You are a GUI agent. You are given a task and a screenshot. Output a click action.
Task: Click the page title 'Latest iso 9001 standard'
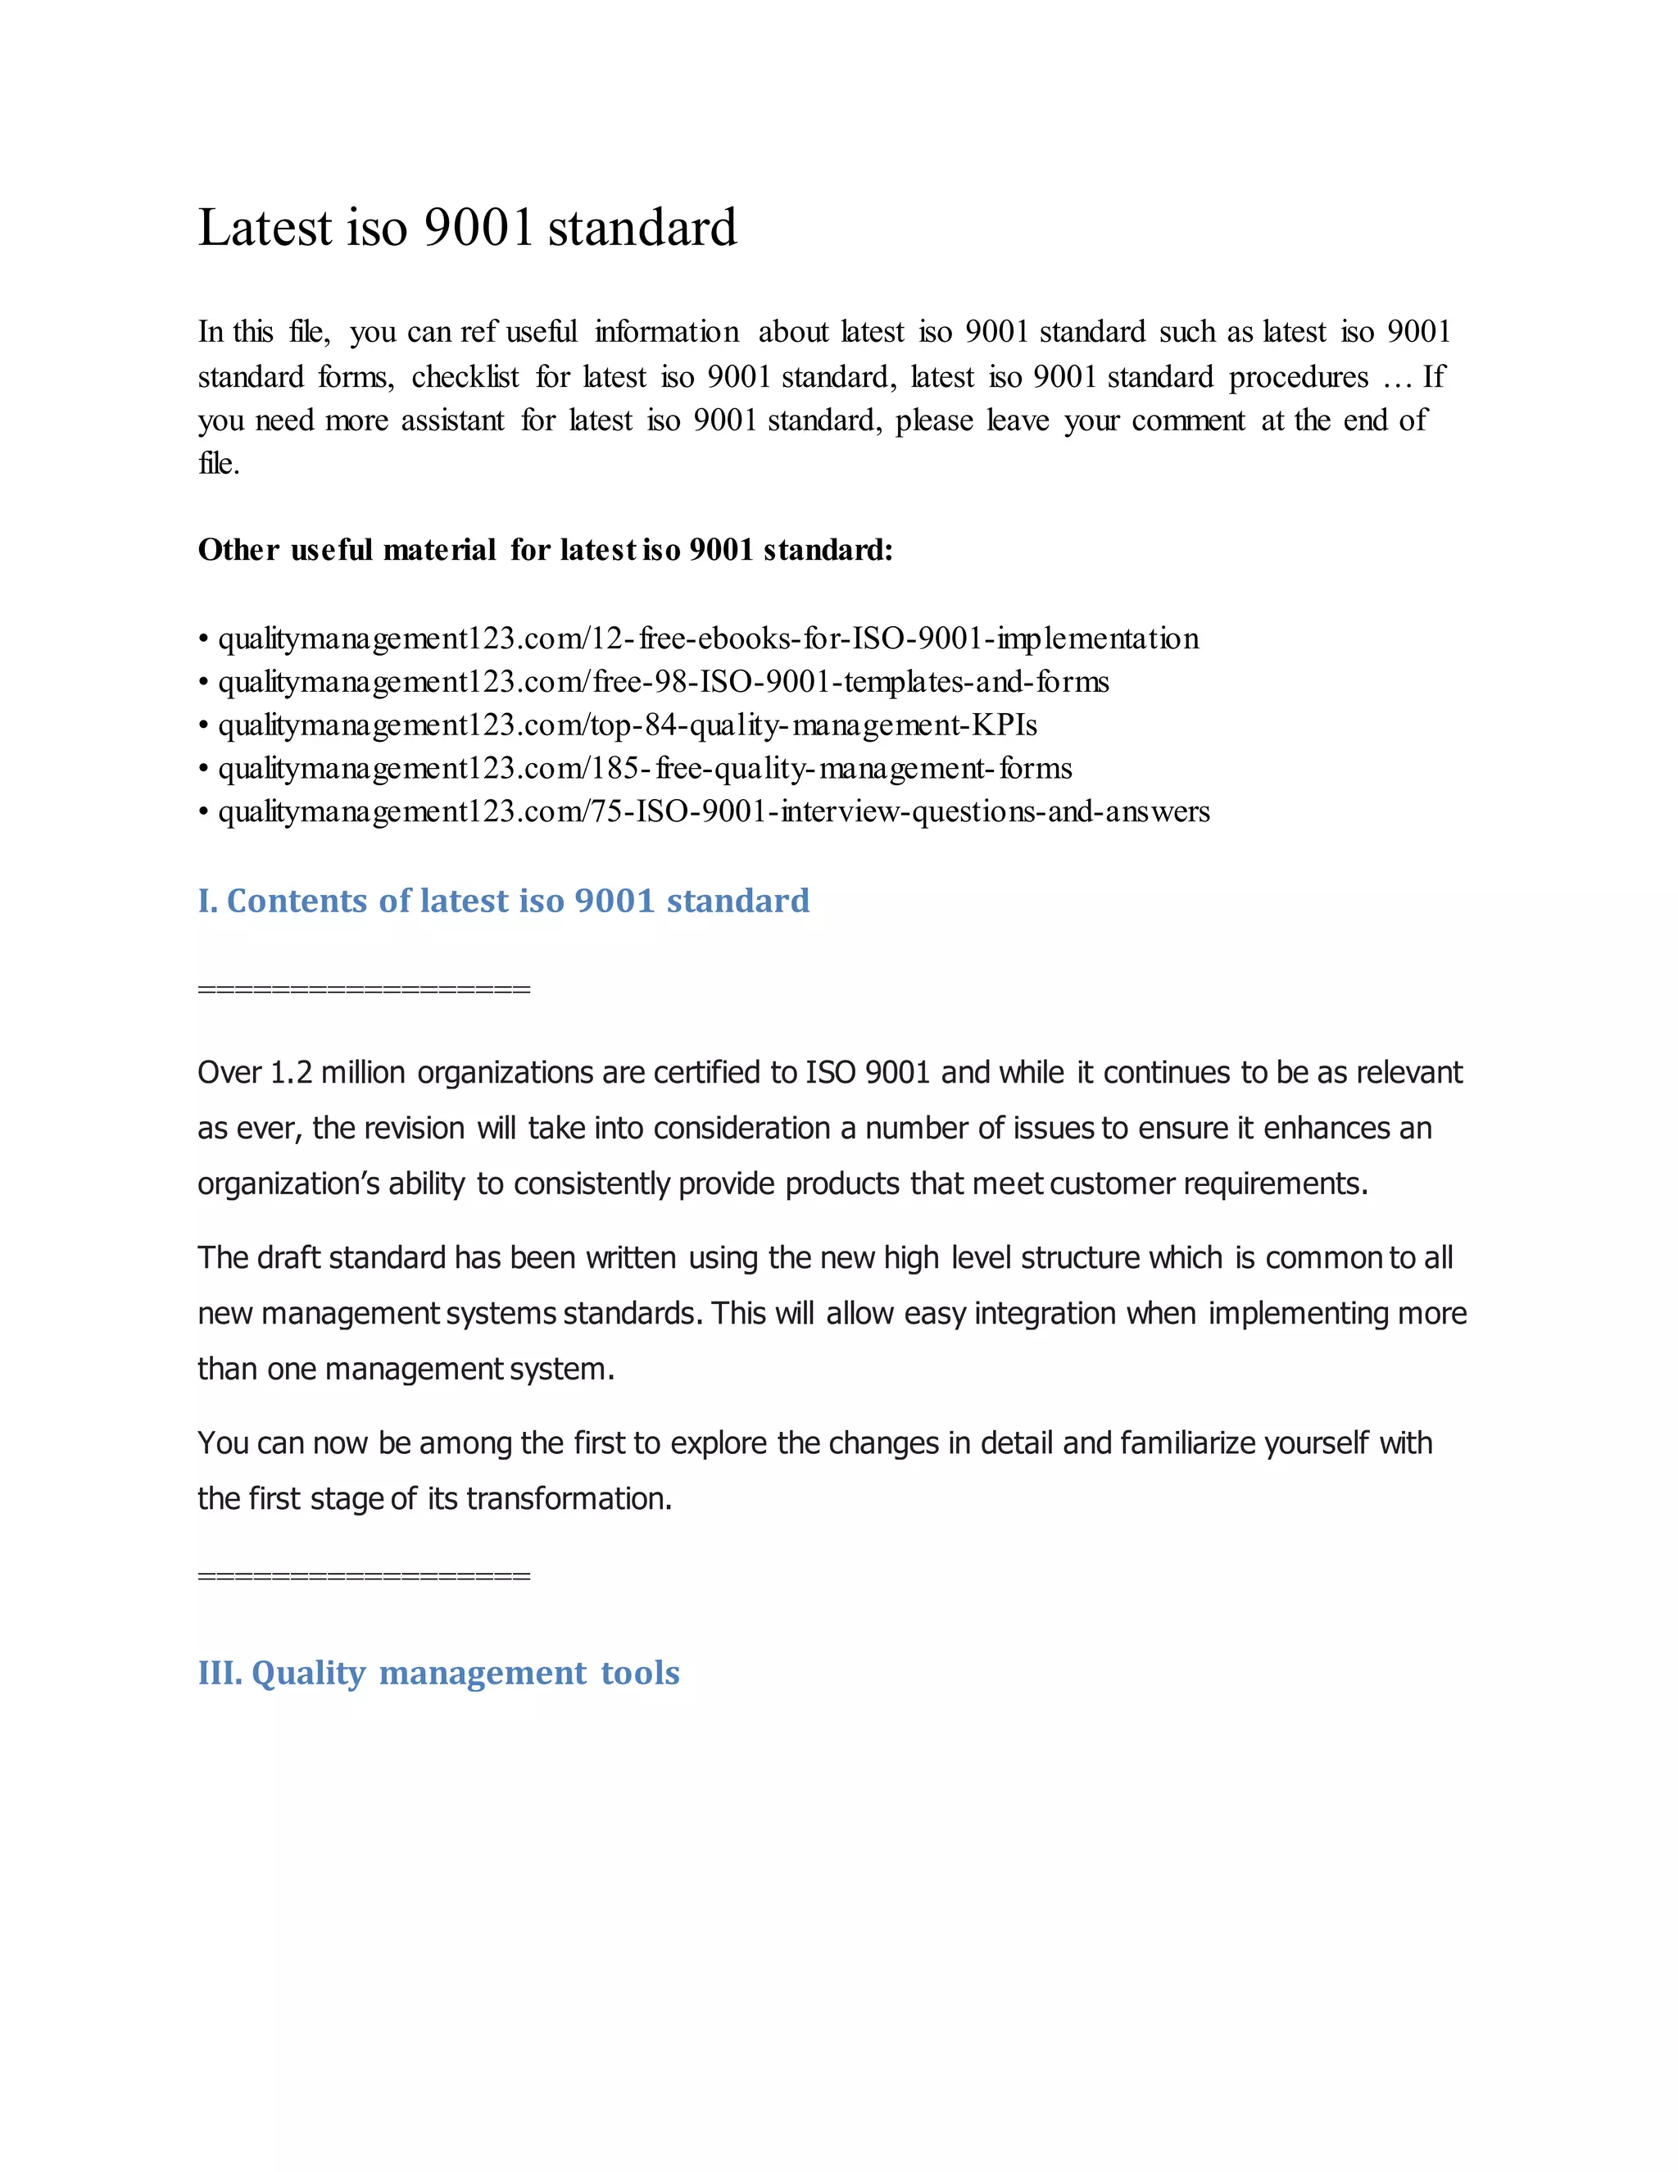tap(466, 228)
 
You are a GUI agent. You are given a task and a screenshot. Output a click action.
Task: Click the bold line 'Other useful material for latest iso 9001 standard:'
tap(545, 550)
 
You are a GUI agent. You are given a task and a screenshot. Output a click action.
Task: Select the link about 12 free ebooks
tap(708, 638)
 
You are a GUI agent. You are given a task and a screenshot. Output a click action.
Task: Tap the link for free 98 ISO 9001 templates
tap(663, 682)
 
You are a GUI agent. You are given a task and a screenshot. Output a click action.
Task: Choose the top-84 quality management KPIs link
tap(628, 725)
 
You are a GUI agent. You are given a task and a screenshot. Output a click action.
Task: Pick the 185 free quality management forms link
tap(644, 769)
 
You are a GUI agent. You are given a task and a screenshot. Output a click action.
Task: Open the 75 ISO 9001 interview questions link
tap(714, 811)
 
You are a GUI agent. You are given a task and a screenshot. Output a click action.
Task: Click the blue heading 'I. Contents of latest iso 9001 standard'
tap(503, 901)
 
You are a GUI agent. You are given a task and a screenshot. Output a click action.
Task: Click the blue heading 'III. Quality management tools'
tap(438, 1673)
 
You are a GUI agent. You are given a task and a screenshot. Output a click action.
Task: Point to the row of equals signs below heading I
tap(364, 988)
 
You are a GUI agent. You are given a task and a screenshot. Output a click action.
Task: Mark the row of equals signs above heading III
tap(364, 1575)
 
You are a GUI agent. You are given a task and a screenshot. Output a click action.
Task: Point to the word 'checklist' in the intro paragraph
tap(465, 377)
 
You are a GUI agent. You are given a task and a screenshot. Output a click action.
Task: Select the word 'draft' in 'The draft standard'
tap(289, 1258)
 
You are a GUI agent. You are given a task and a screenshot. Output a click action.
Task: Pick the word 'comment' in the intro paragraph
tap(1188, 420)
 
